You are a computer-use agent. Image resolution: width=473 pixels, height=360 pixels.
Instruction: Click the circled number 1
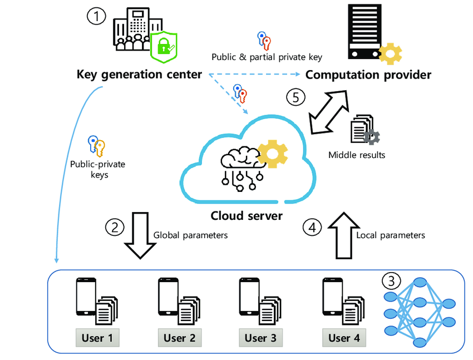coord(96,16)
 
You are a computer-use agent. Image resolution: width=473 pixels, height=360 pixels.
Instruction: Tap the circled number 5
coord(295,97)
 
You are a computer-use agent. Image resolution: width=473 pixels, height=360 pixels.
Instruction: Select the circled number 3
coord(391,281)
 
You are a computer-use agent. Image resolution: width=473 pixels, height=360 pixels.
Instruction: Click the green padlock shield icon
coord(164,47)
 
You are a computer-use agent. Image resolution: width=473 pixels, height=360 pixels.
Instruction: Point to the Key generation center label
coord(139,74)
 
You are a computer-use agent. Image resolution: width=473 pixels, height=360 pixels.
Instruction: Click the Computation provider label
coord(368,75)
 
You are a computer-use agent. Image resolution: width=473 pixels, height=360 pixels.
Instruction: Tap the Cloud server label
coord(247,215)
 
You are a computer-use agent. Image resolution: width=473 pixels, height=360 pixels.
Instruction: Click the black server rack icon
coord(364,31)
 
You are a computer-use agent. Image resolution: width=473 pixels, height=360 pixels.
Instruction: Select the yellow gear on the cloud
coord(273,154)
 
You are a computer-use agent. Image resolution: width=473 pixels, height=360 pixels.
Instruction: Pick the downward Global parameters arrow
coord(140,235)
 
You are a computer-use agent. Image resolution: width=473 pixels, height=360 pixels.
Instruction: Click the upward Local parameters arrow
coord(344,235)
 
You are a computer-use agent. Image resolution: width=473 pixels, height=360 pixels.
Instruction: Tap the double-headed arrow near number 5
coord(329,112)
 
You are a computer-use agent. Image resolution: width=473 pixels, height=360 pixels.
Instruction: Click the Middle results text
coord(357,155)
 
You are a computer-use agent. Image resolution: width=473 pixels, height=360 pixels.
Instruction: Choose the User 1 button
coord(97,338)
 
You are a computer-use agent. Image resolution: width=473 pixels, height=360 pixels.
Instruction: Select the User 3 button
coord(260,338)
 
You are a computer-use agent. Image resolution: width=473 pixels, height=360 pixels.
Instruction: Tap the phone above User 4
coord(332,297)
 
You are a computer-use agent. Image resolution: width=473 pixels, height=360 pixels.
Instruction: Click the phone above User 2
coord(168,297)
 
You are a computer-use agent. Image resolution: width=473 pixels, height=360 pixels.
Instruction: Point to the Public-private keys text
coord(98,170)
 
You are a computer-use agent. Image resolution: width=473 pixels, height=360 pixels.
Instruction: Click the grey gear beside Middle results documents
coord(371,137)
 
